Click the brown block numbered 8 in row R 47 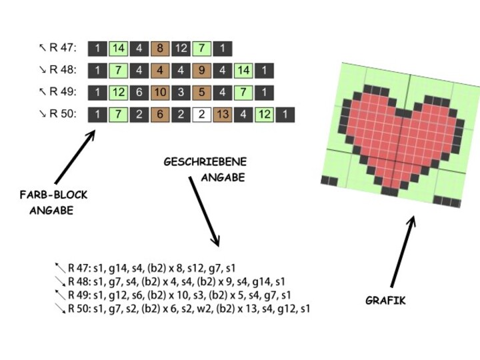(x=160, y=49)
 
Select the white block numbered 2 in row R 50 (x=201, y=115)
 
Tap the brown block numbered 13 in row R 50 (x=223, y=115)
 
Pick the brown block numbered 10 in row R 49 (x=160, y=93)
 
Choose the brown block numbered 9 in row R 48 (x=201, y=71)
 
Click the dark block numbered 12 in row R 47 (x=181, y=49)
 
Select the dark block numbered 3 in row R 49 (x=181, y=93)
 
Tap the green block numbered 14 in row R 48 (x=243, y=71)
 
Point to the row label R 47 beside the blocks (x=63, y=48)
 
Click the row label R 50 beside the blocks (x=63, y=114)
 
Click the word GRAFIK (x=385, y=301)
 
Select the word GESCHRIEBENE (x=205, y=162)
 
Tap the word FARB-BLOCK (x=53, y=195)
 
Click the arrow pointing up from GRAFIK (x=403, y=251)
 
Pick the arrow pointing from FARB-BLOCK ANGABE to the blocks (x=75, y=157)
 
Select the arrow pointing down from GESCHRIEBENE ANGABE (x=204, y=211)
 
